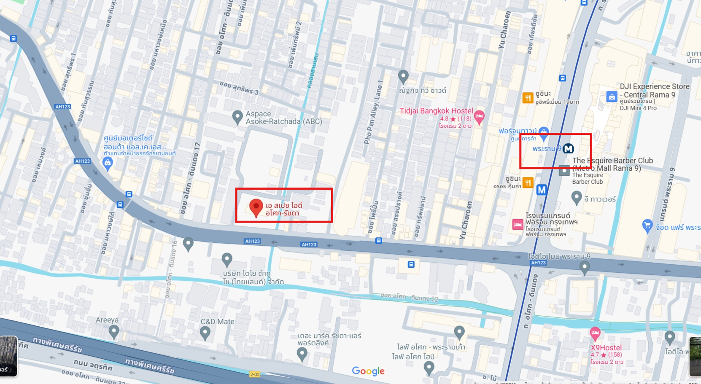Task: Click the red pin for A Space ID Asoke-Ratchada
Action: (256, 207)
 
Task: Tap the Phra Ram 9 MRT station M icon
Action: (569, 148)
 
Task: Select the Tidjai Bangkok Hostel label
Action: (436, 111)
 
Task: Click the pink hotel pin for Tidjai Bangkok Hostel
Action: (479, 117)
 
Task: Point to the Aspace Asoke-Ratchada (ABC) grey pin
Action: (237, 116)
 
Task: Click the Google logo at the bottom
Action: (368, 371)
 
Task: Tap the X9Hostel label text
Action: (606, 348)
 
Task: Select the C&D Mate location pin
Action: (205, 333)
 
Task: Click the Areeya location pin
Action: (113, 332)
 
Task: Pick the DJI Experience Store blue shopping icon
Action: (612, 97)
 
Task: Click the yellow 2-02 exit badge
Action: (255, 374)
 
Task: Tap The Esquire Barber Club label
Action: (612, 161)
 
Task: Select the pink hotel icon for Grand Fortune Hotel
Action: (518, 225)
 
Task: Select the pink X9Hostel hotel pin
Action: (595, 333)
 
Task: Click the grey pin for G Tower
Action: (577, 197)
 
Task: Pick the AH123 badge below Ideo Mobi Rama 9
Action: (539, 263)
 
